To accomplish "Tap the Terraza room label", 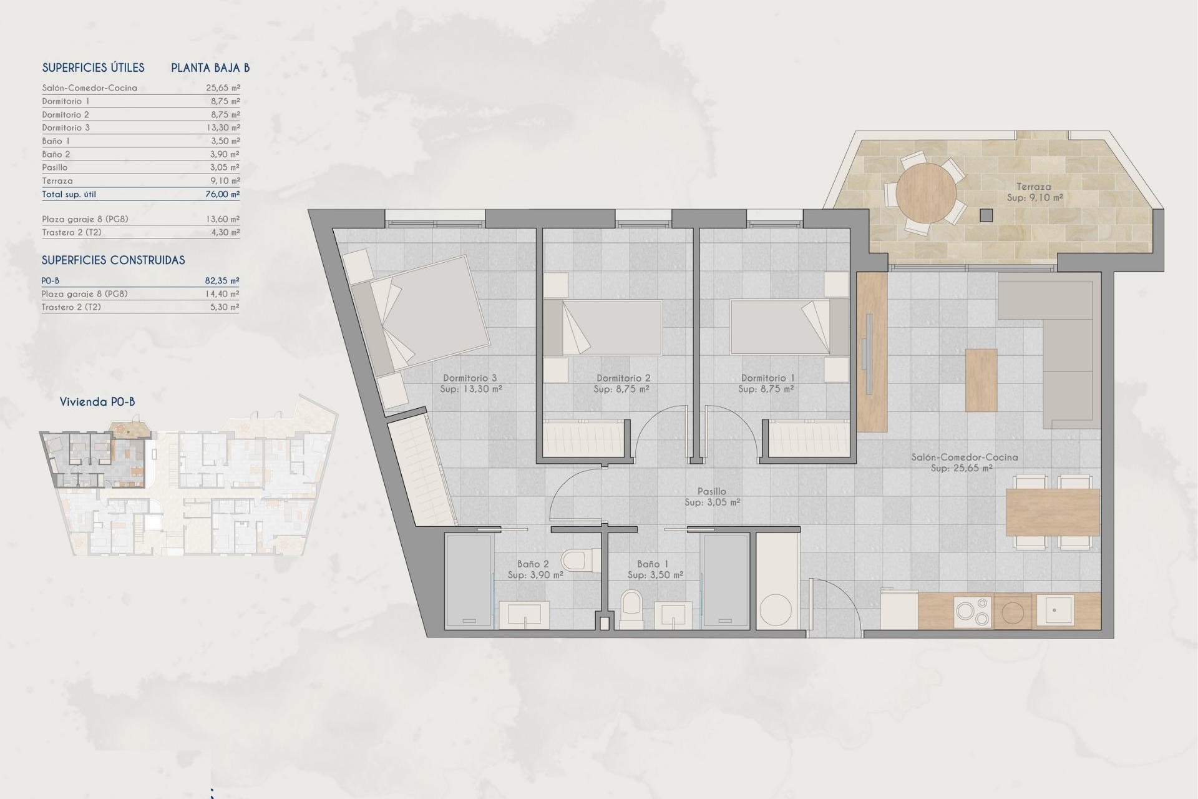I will click(1033, 187).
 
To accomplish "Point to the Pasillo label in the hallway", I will click(711, 492).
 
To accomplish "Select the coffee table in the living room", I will click(981, 380).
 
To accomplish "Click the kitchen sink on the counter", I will click(1054, 610).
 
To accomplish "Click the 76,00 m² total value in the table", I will click(223, 194).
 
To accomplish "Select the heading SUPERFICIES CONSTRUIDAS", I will click(113, 260).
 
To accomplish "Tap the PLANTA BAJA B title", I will click(210, 68).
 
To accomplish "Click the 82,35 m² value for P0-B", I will click(222, 281).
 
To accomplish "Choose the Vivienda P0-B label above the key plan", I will click(97, 402).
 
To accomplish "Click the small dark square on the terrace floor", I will click(986, 215).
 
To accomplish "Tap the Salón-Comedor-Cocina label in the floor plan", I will click(964, 458).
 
